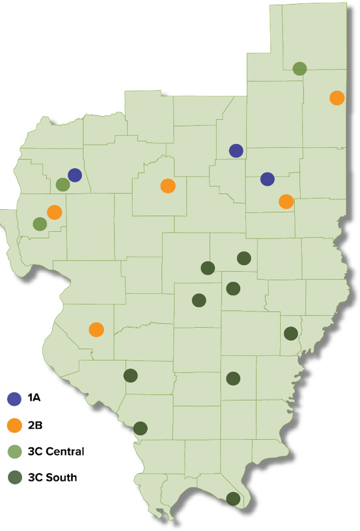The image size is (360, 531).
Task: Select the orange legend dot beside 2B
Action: (x=15, y=425)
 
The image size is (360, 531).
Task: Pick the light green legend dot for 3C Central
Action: (x=15, y=451)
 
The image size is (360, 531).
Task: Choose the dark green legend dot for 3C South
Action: (x=15, y=477)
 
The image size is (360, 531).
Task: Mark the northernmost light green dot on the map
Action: (x=299, y=68)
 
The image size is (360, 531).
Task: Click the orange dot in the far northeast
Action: (x=337, y=98)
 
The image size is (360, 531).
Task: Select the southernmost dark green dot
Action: (x=233, y=499)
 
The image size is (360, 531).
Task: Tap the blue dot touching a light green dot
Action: (x=74, y=175)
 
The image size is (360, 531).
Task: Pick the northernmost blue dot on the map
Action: (x=236, y=151)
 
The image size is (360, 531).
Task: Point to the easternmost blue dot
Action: (x=267, y=179)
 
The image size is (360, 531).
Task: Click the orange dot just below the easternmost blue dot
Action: (x=286, y=201)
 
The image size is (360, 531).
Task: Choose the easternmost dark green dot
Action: (x=291, y=333)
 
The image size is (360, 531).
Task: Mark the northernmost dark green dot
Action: (x=244, y=258)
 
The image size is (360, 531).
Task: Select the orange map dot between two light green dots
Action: (x=54, y=212)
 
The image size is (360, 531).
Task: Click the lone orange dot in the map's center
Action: (x=167, y=186)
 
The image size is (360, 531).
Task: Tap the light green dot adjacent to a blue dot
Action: (x=62, y=184)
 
